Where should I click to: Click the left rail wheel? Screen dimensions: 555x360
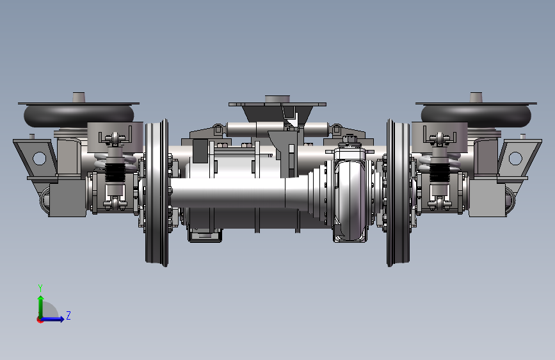(156, 193)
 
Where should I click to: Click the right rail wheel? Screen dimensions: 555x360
(399, 193)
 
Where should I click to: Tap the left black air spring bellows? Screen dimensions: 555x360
(79, 115)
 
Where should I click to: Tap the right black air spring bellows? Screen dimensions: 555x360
(476, 115)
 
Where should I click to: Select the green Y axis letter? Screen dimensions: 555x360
(40, 288)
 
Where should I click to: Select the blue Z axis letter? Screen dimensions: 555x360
(68, 315)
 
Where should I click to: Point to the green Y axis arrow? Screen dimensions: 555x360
(41, 307)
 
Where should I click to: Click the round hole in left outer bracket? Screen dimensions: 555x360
(39, 158)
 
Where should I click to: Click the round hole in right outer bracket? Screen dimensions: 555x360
(515, 158)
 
